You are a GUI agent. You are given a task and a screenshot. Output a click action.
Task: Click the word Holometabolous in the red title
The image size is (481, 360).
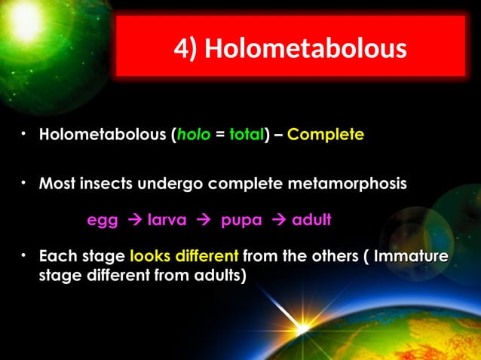click(x=305, y=49)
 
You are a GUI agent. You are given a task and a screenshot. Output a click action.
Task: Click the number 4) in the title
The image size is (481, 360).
click(x=186, y=49)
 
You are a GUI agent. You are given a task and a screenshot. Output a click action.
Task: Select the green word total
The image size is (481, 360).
click(x=243, y=136)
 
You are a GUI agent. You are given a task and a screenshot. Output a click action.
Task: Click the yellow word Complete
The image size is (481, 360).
click(x=326, y=136)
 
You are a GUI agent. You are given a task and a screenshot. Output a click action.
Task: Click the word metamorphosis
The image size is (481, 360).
click(x=354, y=183)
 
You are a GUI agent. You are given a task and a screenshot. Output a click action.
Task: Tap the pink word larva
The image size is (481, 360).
click(x=167, y=221)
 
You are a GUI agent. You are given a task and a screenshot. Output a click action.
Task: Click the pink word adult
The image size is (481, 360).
click(x=311, y=221)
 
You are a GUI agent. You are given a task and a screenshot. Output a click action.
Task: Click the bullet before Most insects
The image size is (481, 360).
click(x=25, y=181)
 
